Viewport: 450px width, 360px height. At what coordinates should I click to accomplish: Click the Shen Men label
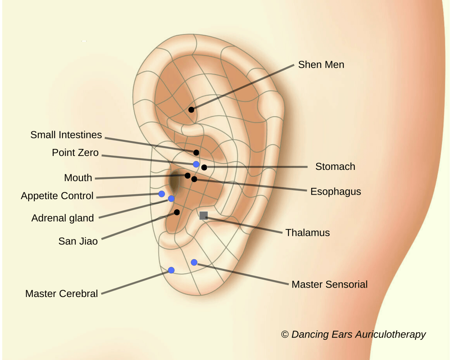point(321,64)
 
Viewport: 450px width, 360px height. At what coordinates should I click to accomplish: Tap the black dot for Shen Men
point(191,109)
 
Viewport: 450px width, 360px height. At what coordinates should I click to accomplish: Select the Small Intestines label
point(66,135)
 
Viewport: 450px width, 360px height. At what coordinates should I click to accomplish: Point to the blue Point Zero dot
point(196,164)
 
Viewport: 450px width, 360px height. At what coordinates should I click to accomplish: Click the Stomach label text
point(335,166)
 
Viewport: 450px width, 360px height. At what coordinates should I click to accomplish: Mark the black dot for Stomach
point(204,167)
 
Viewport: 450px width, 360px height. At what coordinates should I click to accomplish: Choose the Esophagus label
point(336,192)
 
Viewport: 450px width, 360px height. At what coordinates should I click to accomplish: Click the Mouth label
point(78,178)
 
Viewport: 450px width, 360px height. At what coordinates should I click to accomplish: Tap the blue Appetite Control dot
point(162,194)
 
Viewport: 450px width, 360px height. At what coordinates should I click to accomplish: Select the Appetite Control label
point(57,196)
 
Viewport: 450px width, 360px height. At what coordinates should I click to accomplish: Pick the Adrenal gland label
point(63,218)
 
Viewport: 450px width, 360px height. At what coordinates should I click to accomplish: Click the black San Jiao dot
point(177,212)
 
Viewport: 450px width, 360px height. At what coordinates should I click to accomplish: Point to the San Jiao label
point(78,241)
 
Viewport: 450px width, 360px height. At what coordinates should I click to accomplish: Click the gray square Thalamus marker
point(203,215)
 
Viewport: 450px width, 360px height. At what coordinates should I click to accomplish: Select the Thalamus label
point(307,232)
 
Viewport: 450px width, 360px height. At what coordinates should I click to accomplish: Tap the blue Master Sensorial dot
point(194,262)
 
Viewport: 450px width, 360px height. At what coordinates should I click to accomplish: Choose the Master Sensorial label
point(329,284)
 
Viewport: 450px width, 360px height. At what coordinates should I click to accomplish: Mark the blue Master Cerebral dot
point(171,270)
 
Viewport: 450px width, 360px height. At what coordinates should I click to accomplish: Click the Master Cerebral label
point(61,293)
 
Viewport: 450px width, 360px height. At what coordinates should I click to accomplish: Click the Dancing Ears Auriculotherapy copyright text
point(353,334)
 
